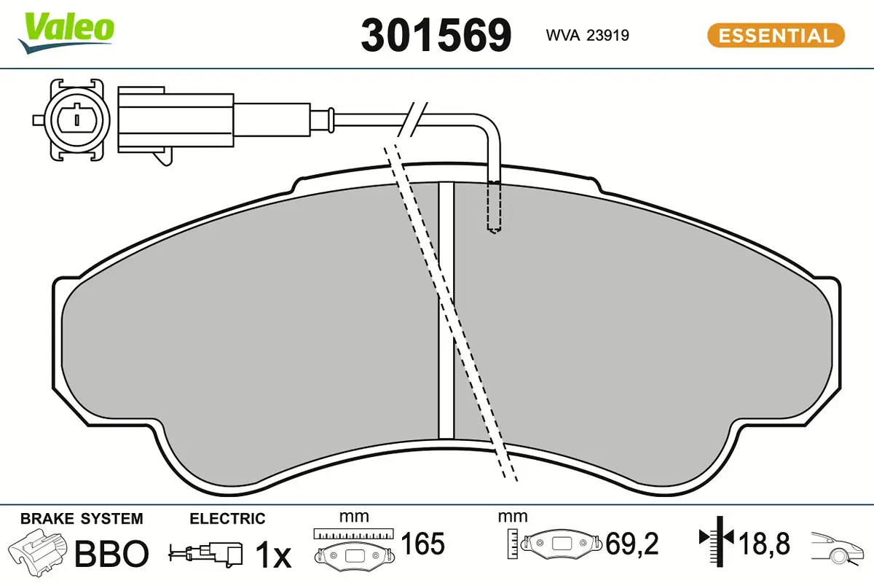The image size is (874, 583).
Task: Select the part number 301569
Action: [x=436, y=35]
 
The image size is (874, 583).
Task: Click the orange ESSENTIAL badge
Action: [x=776, y=35]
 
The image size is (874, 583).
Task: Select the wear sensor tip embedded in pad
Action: [x=495, y=208]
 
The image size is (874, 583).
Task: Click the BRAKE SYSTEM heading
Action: [x=82, y=519]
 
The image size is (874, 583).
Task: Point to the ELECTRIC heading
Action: [x=227, y=519]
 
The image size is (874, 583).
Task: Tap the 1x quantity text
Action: [x=273, y=555]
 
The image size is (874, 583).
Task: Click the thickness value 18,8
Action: [x=764, y=544]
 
